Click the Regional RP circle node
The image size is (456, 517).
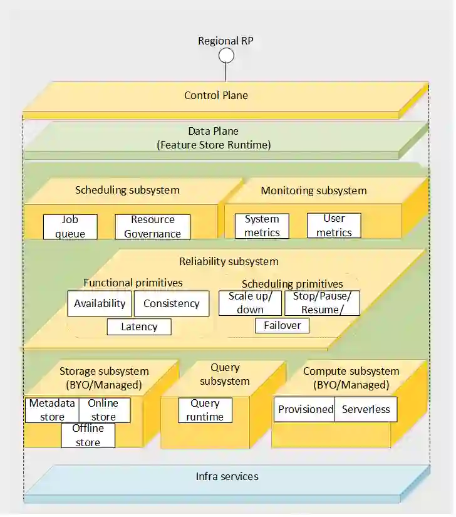click(x=226, y=56)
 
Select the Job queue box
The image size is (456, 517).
click(x=70, y=227)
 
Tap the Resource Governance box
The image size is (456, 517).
click(x=152, y=227)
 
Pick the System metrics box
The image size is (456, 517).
click(x=262, y=226)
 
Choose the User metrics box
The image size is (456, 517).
click(x=334, y=226)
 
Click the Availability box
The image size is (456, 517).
click(x=100, y=304)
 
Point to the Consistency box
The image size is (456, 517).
click(x=171, y=304)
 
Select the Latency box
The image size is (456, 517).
click(x=139, y=326)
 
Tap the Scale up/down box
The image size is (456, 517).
click(x=250, y=303)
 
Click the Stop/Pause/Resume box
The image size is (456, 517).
click(x=322, y=303)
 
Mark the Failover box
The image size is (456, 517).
click(x=282, y=325)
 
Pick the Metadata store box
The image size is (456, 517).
click(x=53, y=410)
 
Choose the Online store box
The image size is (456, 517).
click(x=104, y=410)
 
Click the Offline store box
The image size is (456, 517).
click(x=88, y=436)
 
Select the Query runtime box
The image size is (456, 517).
click(x=205, y=410)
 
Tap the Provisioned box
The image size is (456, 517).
click(x=306, y=409)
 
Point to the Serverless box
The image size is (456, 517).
click(x=366, y=409)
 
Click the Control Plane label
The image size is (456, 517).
click(x=216, y=95)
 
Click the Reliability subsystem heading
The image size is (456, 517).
click(x=229, y=261)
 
